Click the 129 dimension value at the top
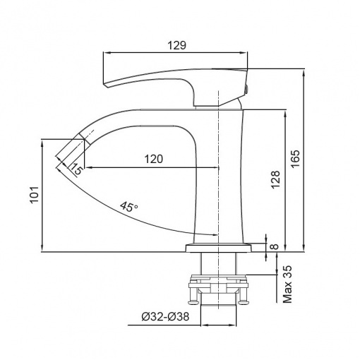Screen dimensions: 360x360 click(176, 45)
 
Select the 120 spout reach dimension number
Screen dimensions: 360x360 click(153, 159)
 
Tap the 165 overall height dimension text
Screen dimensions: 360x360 click(295, 158)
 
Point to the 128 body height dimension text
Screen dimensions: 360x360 click(275, 179)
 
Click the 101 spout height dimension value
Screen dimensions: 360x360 click(34, 194)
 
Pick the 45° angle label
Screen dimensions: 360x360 click(129, 207)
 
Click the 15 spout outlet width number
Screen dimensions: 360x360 click(77, 169)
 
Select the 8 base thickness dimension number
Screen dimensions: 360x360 click(275, 246)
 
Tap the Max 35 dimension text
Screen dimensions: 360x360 click(287, 284)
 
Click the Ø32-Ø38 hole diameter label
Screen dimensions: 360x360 click(165, 316)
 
